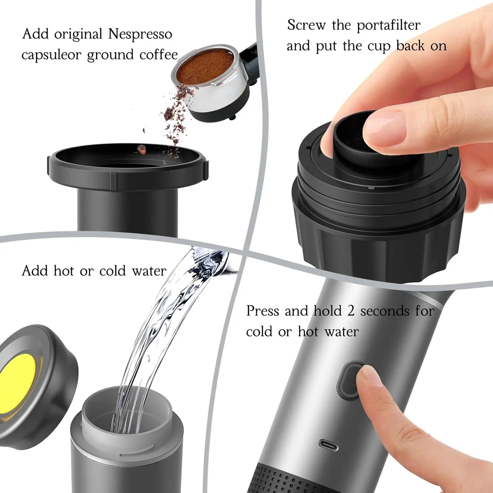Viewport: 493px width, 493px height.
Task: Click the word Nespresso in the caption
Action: (140, 34)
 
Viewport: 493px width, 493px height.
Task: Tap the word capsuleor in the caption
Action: (51, 55)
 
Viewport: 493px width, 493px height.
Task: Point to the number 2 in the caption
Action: (351, 311)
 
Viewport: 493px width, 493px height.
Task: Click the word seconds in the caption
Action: (385, 311)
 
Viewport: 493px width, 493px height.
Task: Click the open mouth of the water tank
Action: (127, 412)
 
